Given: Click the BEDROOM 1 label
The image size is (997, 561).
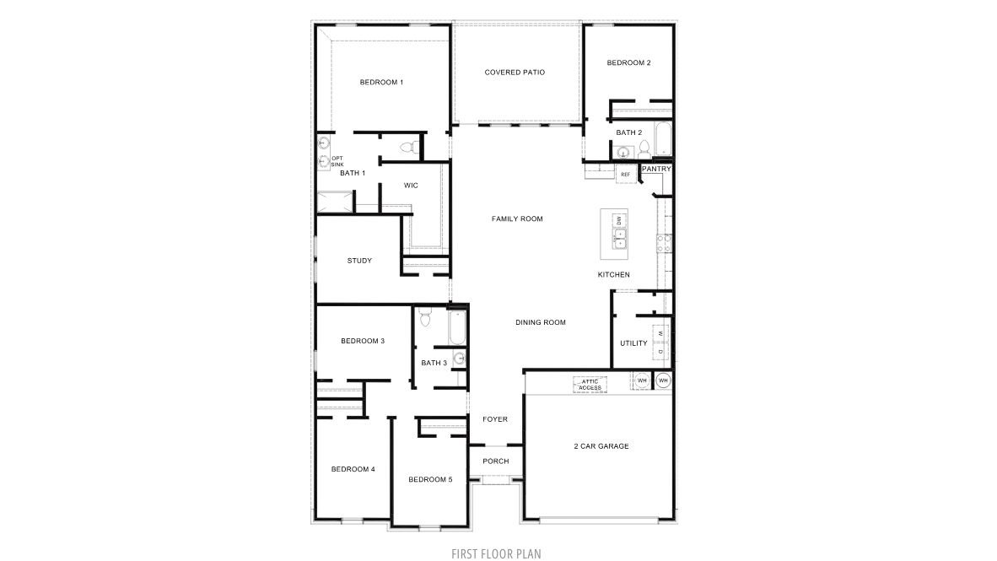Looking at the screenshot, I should coord(381,82).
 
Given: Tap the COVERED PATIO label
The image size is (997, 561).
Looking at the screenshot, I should coord(515,73).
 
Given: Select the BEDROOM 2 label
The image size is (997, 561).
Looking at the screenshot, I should coord(628,62).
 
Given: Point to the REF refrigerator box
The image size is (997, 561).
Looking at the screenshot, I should coord(625,175).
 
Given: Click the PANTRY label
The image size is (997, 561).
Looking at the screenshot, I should coord(656,169).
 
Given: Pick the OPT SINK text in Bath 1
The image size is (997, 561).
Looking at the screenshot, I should coord(337,161).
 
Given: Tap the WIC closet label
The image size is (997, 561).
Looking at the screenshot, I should coord(411,185).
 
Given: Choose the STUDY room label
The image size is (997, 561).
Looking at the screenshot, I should coord(359,261).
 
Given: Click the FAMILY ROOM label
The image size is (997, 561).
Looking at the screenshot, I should coord(517,218).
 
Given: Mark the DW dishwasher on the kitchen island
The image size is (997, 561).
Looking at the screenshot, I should coord(618,220).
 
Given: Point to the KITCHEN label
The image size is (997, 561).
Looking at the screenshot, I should coord(613,275).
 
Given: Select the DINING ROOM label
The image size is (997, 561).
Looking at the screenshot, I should coord(540,322).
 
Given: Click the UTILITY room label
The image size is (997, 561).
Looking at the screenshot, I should coord(633,343).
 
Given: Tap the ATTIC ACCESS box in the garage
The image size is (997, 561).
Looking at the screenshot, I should coord(590,385).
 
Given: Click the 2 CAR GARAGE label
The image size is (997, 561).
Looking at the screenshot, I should coord(601,446).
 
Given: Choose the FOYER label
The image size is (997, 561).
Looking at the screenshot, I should coord(494,419).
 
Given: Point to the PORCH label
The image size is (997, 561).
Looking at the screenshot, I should coord(495,461).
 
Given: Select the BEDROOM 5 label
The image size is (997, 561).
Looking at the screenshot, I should coord(430,479).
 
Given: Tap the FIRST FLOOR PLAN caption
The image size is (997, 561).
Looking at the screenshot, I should coord(497,553).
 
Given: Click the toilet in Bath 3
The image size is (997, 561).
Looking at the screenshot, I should coord(425,317).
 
